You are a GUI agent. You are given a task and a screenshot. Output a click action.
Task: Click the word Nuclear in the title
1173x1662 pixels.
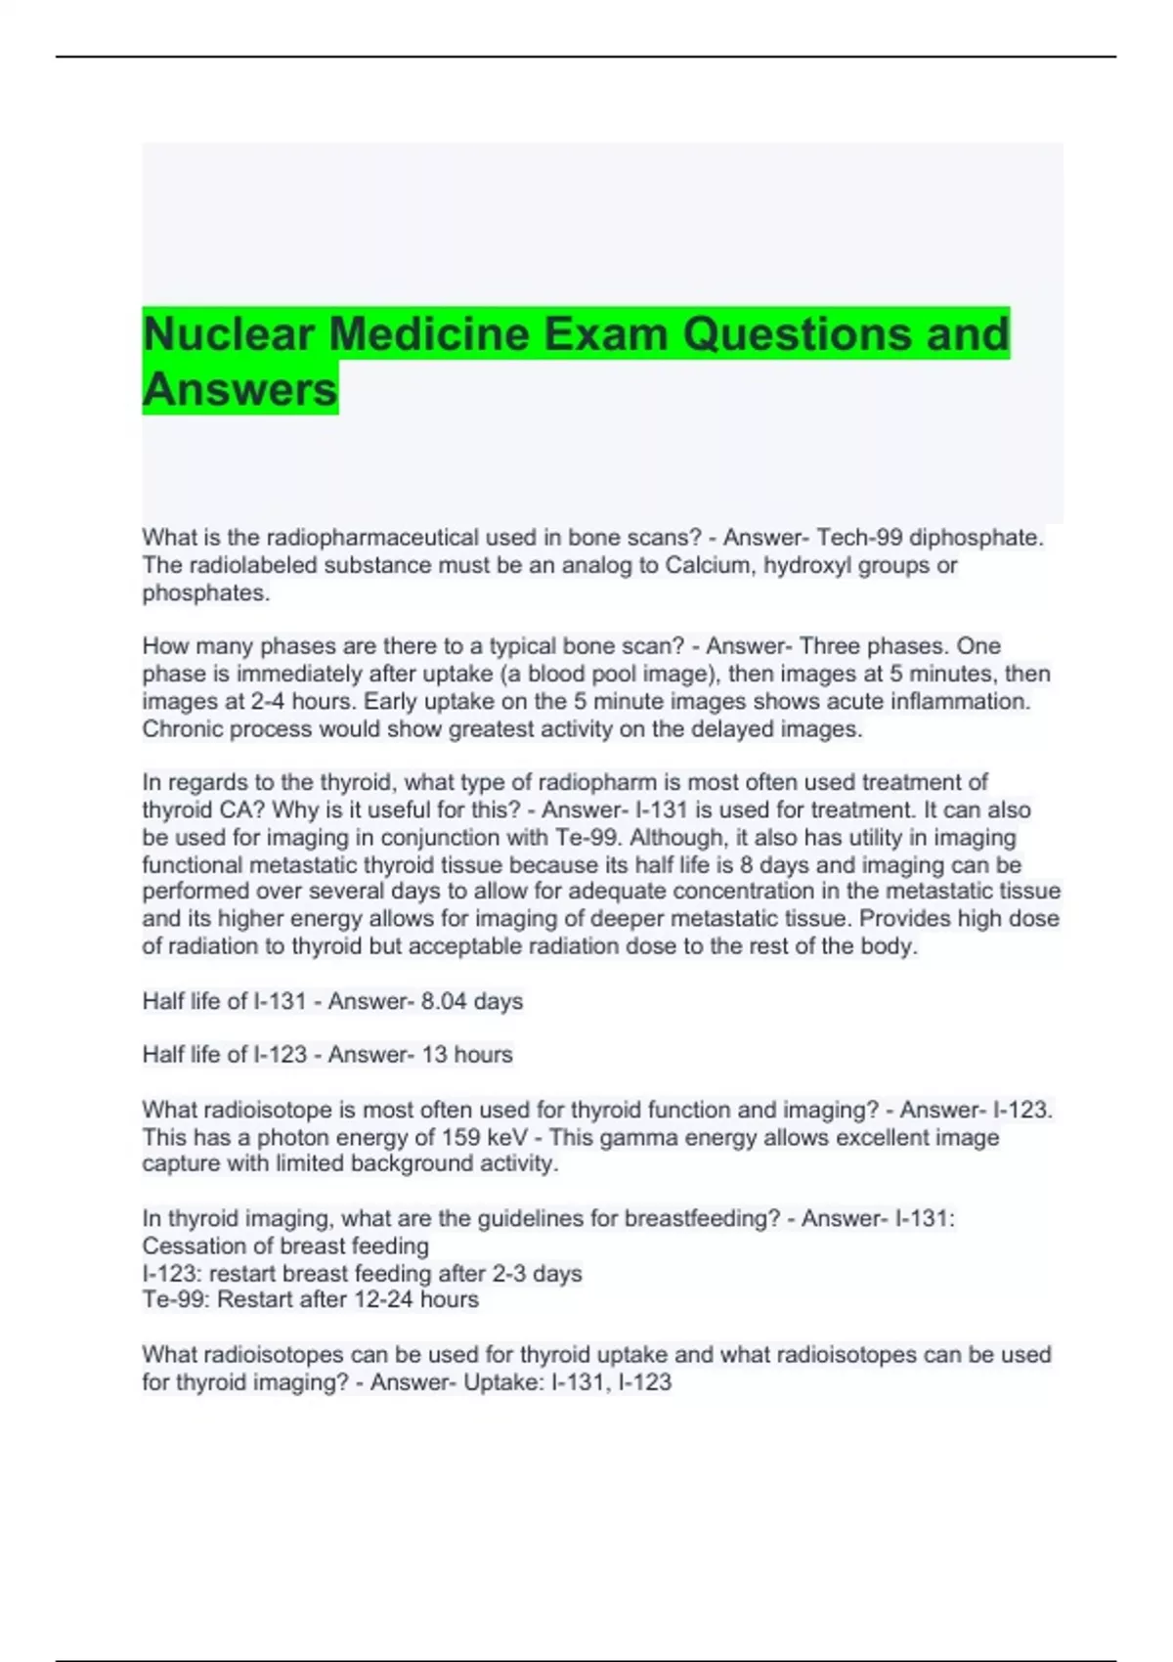click(x=228, y=334)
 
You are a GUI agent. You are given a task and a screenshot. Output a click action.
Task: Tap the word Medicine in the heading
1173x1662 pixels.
click(x=428, y=334)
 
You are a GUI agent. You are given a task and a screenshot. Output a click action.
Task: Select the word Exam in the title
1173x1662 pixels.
click(x=606, y=334)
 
